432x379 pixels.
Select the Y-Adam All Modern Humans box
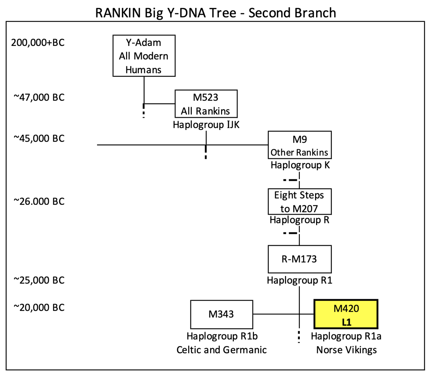coord(144,56)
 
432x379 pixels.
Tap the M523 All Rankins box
coord(206,104)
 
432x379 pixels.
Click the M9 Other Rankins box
coord(300,145)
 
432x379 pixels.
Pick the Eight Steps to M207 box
coord(300,202)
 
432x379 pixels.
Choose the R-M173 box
coord(300,259)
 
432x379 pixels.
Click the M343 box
coord(221,314)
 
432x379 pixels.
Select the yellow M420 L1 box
coord(346,314)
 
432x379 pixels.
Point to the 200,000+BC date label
coord(38,43)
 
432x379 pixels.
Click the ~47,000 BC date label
coord(39,97)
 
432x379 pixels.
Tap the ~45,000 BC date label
coord(39,139)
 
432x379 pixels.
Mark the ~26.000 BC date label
coord(39,202)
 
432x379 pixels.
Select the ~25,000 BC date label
coord(39,280)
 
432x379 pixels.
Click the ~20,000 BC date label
coord(39,307)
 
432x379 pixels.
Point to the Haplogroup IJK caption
coord(206,125)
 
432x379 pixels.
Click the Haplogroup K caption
coord(300,165)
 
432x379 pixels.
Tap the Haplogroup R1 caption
coord(300,280)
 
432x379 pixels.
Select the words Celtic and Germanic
coord(221,350)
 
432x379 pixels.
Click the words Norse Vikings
coord(346,350)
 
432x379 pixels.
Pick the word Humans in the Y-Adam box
coord(143,70)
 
